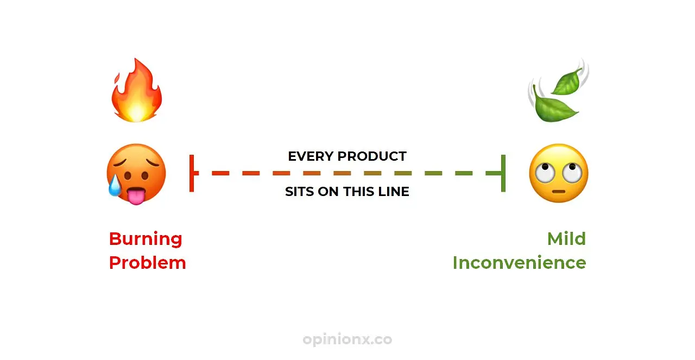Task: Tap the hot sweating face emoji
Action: click(x=136, y=174)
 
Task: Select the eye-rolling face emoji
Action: click(x=559, y=173)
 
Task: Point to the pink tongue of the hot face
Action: click(x=136, y=196)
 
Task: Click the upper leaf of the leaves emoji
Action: click(x=567, y=81)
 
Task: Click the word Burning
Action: click(x=146, y=239)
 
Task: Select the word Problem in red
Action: click(x=147, y=263)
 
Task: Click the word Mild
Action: click(x=566, y=239)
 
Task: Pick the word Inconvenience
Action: click(x=519, y=263)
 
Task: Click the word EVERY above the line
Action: click(x=311, y=156)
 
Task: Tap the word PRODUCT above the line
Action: click(x=372, y=156)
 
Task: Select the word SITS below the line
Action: click(x=299, y=192)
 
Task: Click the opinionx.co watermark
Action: click(x=347, y=339)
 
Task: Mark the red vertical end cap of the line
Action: click(x=192, y=173)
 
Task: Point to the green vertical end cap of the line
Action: click(x=503, y=173)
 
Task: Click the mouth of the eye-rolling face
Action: click(x=559, y=192)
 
